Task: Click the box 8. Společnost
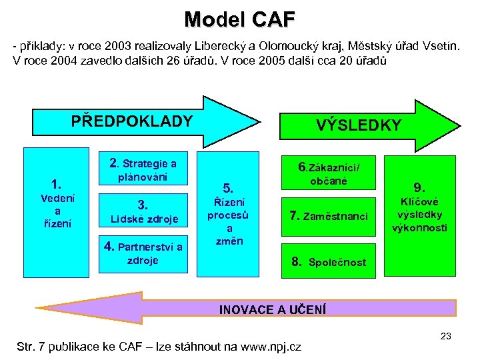[329, 262]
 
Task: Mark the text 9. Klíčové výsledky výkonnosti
[422, 207]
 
